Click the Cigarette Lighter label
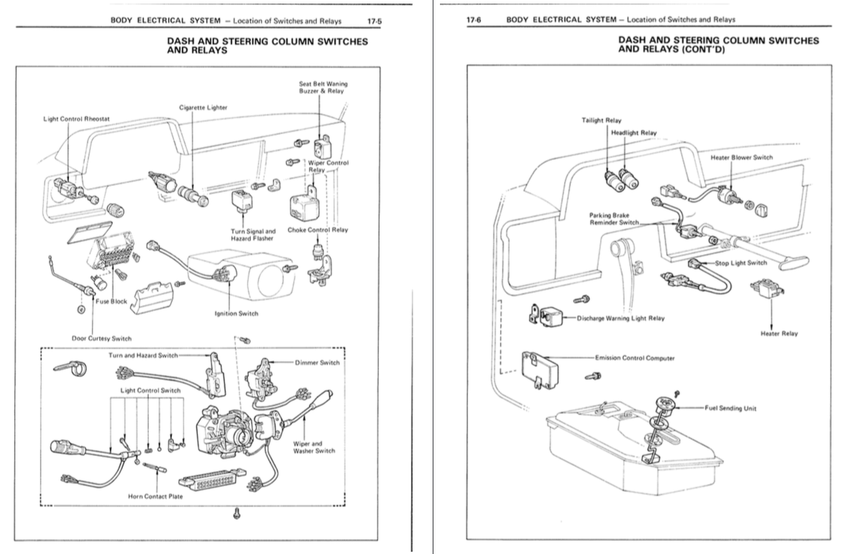click(203, 107)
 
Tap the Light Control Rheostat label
click(77, 119)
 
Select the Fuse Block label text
click(111, 301)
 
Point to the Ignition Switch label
click(236, 313)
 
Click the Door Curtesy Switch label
click(101, 338)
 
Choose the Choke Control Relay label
click(318, 230)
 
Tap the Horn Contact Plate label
click(155, 497)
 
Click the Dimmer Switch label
click(317, 362)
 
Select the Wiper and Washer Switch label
click(314, 447)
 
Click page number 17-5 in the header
click(374, 21)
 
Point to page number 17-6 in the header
click(474, 20)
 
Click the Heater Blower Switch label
click(742, 157)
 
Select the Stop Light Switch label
click(741, 263)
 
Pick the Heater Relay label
click(779, 333)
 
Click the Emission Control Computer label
click(635, 358)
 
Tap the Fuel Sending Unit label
click(730, 408)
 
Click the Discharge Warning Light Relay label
click(621, 318)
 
